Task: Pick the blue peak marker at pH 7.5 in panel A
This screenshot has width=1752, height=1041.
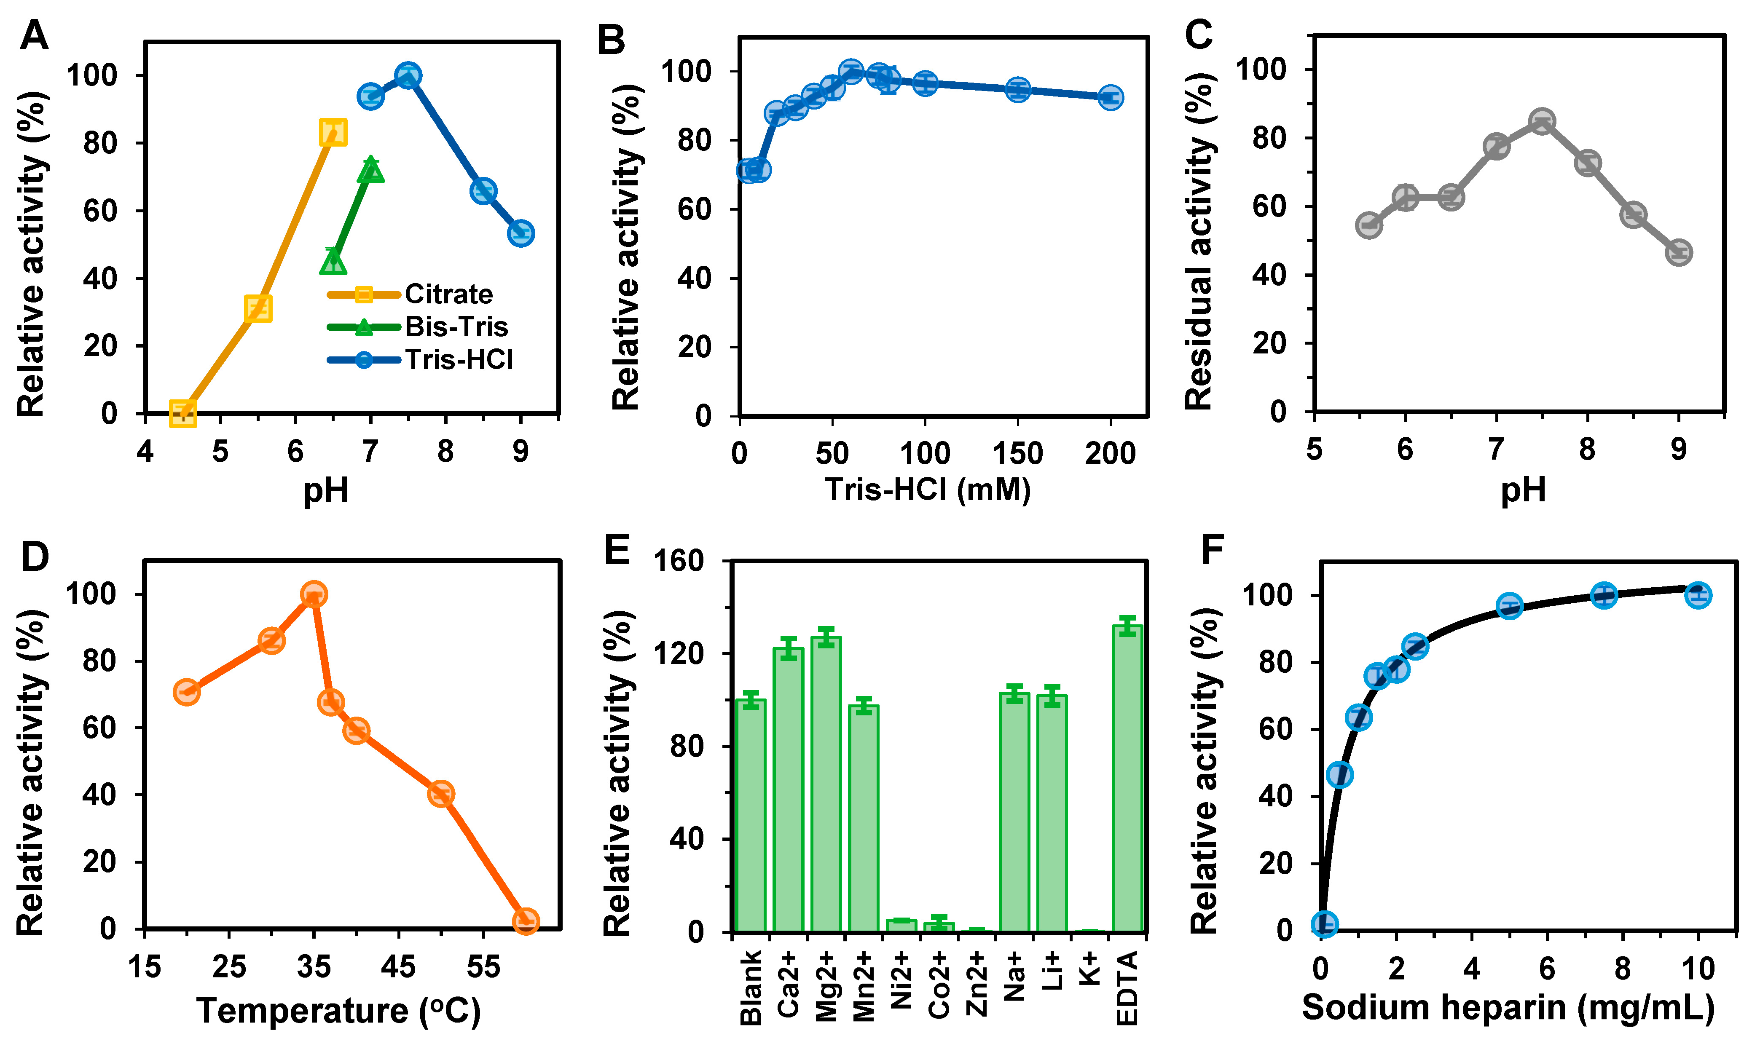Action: [408, 75]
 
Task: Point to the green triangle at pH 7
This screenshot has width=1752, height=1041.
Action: [370, 170]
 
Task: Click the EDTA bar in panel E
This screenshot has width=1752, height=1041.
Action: [1127, 779]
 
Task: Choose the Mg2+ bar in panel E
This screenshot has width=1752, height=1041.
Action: [826, 784]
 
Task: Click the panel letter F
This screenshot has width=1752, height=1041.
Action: [1213, 550]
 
